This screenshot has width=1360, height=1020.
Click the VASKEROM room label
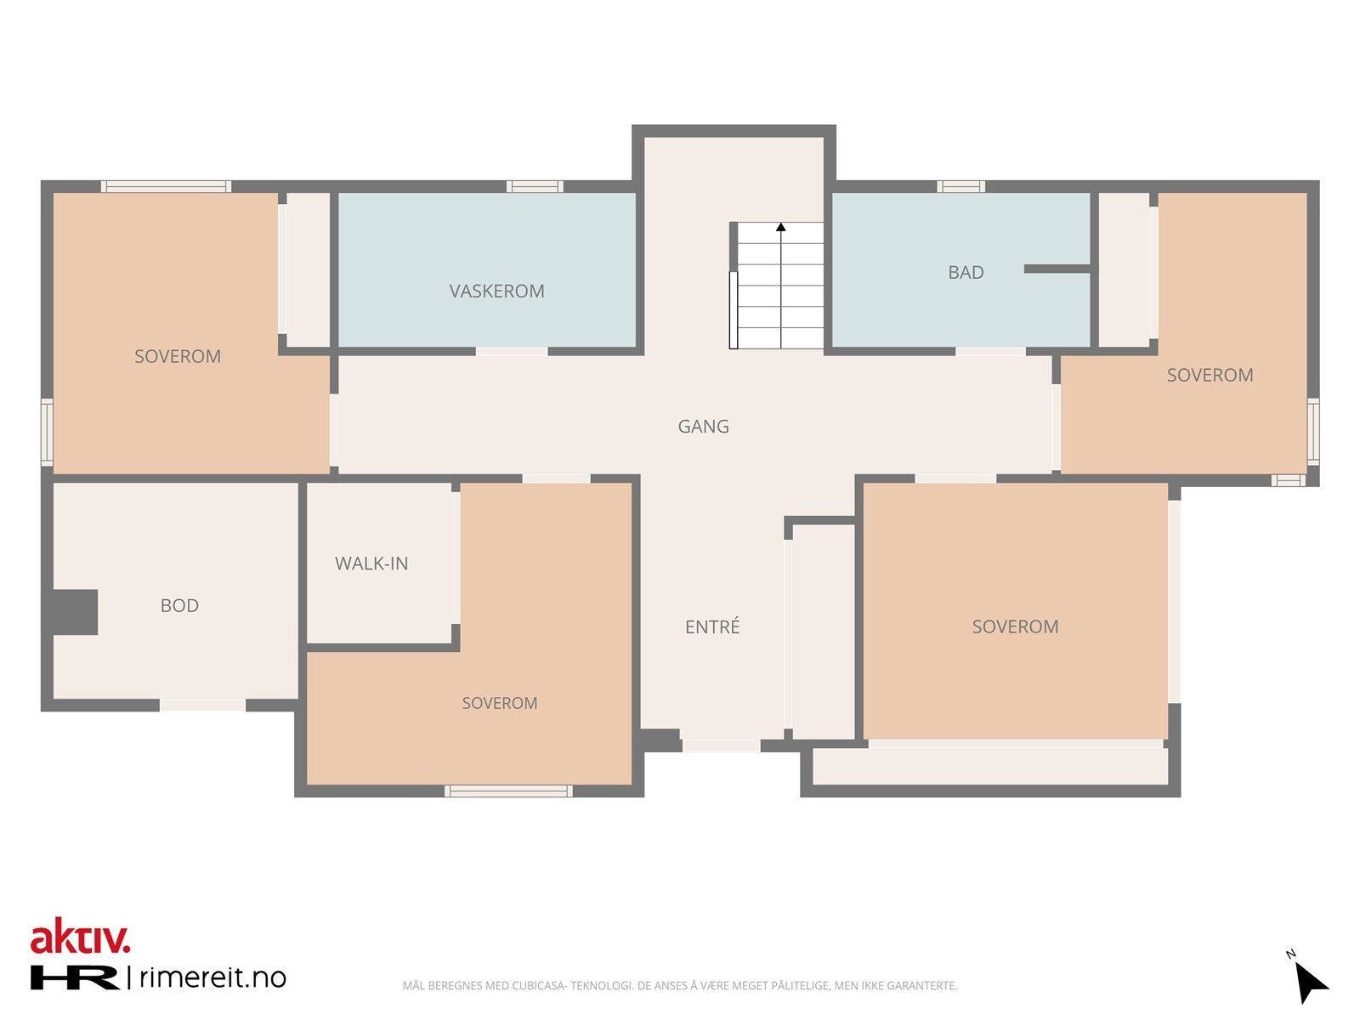point(496,291)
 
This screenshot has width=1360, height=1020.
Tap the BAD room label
point(966,272)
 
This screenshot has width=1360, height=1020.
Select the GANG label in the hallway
point(703,426)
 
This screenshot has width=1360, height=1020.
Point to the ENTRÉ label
point(712,626)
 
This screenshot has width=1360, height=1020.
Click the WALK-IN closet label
point(371,563)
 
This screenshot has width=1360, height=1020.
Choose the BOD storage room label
point(179,605)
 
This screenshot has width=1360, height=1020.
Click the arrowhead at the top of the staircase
point(780,227)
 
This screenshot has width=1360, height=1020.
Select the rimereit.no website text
point(212,977)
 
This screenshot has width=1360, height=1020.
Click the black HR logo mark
point(74,977)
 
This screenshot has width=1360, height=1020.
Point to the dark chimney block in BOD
point(75,612)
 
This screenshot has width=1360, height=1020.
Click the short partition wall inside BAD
point(1057,269)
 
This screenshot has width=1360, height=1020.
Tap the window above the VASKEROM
point(535,186)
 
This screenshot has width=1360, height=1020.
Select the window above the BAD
point(960,186)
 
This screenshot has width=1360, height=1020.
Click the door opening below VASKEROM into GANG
point(512,351)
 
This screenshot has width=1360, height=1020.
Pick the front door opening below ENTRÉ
point(721,745)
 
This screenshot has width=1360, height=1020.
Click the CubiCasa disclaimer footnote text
point(680,985)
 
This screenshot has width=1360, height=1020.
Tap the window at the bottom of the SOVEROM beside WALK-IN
point(508,790)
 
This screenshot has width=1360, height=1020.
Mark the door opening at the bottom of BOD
point(202,705)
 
